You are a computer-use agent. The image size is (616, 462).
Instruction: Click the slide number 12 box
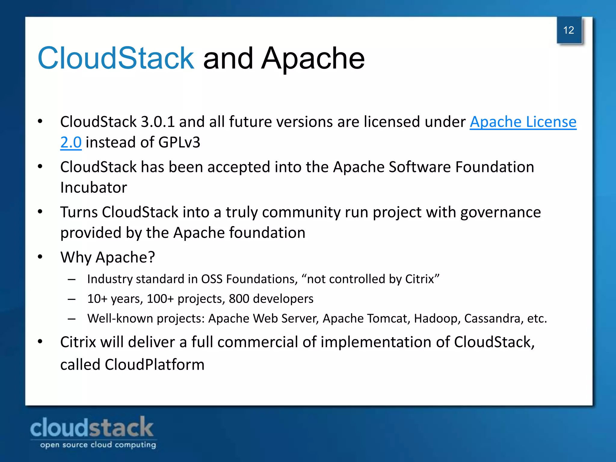coord(569,30)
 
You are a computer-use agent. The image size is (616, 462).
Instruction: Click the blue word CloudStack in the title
coord(116,58)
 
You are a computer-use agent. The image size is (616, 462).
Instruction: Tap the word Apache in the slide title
coord(313,58)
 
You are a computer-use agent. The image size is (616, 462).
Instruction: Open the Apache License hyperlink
coord(523,122)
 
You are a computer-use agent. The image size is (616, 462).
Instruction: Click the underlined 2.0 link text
coord(71,142)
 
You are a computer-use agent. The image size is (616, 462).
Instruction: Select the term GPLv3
coord(179,142)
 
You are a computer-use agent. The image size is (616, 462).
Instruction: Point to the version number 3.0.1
coord(158,122)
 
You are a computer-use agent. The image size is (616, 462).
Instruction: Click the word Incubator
coord(94,188)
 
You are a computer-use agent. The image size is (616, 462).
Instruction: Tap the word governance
coord(500,212)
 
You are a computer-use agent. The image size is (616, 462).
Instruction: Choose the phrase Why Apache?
coord(108,257)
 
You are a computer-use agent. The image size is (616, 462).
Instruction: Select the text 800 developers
coord(271,299)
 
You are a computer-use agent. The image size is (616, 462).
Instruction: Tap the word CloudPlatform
coord(155,365)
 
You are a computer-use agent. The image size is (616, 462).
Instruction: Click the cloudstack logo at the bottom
coord(92,427)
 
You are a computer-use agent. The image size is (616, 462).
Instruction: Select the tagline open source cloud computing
coord(98,445)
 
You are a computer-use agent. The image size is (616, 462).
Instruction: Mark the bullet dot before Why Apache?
coord(40,257)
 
